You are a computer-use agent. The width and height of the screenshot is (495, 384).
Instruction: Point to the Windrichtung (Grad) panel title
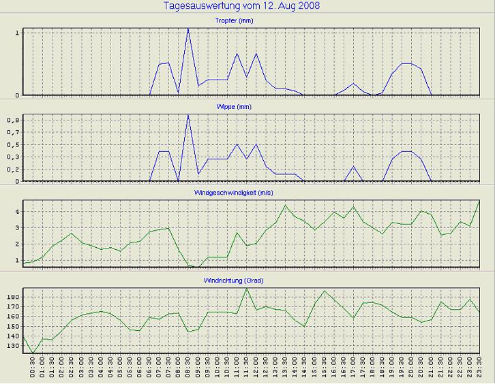[x=252, y=281]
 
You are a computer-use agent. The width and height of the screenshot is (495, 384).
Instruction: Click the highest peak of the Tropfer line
[x=188, y=29]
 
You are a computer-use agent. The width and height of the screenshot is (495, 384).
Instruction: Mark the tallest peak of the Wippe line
[x=188, y=114]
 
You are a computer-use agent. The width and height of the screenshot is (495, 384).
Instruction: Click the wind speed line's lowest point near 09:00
[x=198, y=267]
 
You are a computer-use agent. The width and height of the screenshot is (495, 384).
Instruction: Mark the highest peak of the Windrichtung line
[x=246, y=288]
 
